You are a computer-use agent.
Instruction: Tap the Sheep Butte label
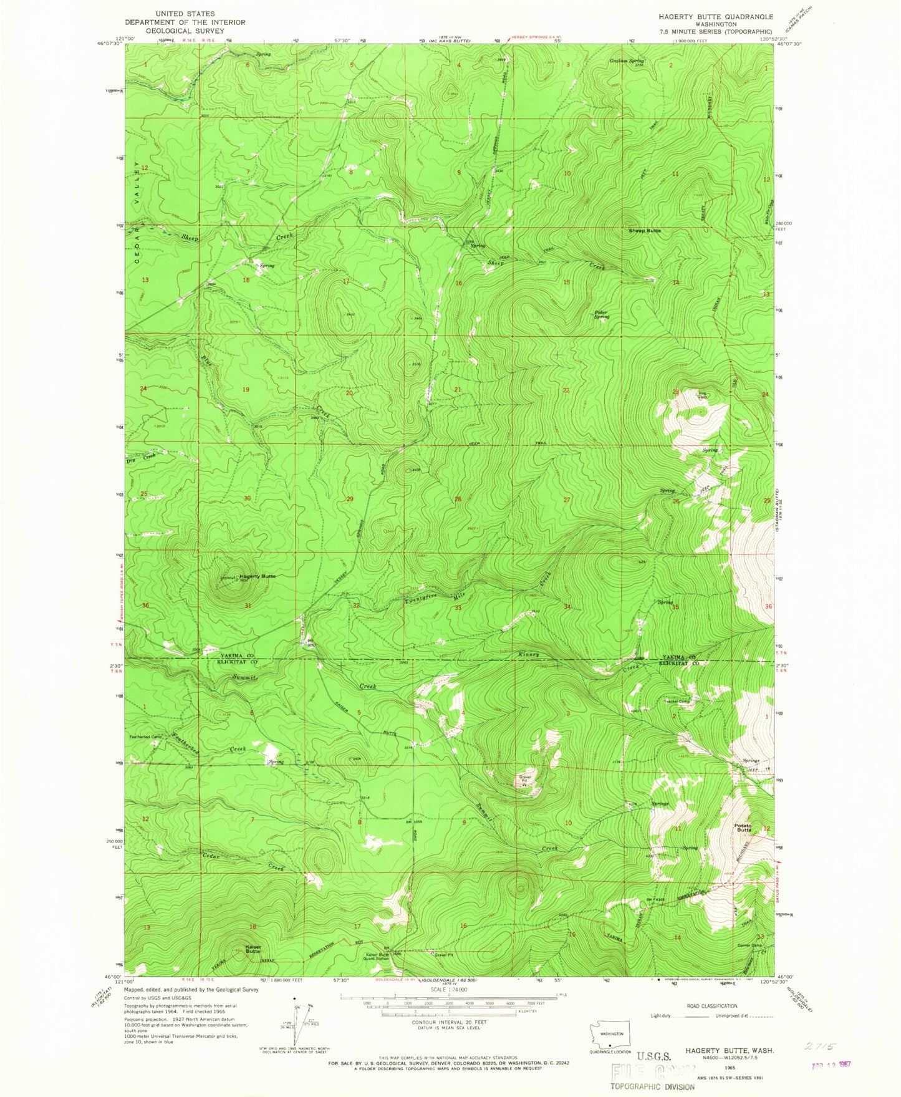(644, 230)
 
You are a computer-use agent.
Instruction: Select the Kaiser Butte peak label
(253, 949)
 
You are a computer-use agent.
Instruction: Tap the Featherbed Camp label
(145, 737)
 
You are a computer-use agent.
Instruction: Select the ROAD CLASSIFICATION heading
(712, 1006)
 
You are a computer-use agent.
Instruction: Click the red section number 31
(248, 606)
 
